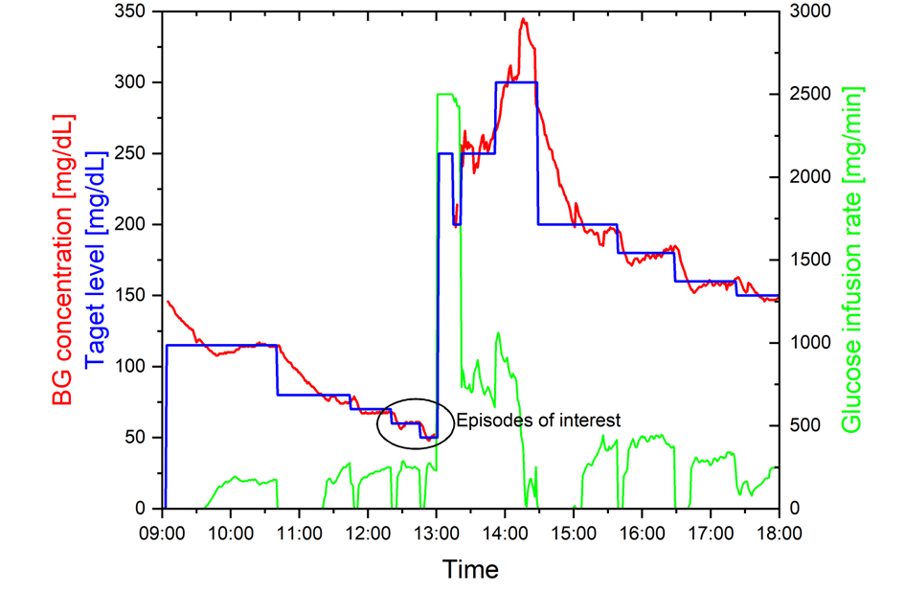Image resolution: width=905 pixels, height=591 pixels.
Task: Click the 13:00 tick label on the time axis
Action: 437,530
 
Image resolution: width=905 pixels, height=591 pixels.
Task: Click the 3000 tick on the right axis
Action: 809,11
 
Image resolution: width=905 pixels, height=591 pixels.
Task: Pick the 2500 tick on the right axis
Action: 809,95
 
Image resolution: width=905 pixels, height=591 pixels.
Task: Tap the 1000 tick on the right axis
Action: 809,343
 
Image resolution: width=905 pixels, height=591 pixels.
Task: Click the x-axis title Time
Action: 470,570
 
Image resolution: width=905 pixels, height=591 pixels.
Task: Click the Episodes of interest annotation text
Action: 538,420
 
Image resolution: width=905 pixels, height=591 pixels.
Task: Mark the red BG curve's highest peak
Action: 523,19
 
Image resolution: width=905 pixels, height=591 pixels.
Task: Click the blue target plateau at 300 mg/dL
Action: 516,82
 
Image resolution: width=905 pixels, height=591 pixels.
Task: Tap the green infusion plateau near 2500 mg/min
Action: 446,94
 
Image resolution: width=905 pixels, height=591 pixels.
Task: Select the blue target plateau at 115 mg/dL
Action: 221,345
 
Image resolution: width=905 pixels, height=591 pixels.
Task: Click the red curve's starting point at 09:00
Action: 169,302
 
